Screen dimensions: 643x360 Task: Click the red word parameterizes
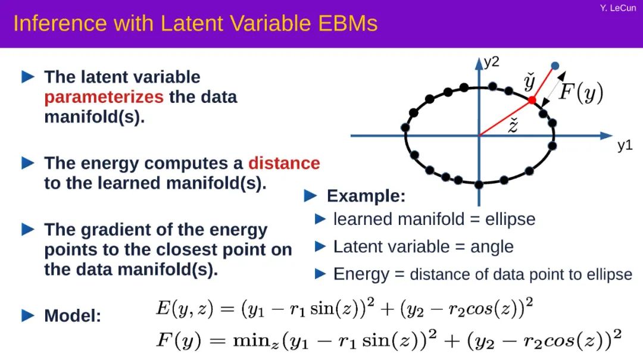pos(104,98)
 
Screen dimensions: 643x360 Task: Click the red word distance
pos(284,163)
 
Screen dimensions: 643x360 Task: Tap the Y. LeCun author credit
pos(617,8)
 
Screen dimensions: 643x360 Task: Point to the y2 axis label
pos(492,62)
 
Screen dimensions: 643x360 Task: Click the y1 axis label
pos(625,145)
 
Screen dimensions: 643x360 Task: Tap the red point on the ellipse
pos(532,99)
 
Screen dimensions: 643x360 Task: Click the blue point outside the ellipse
pos(555,65)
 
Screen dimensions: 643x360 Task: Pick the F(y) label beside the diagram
pos(581,92)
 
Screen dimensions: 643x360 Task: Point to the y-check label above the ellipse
pos(529,82)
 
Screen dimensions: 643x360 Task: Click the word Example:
pos(366,196)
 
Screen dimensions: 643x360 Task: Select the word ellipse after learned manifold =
pos(510,220)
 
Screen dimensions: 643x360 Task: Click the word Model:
pos(73,316)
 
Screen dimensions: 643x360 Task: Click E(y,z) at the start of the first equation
pos(185,308)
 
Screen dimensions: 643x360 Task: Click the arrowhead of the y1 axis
pos(606,136)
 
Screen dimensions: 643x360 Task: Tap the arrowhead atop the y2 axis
pos(479,63)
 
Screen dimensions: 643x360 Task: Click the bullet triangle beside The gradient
pos(28,229)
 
